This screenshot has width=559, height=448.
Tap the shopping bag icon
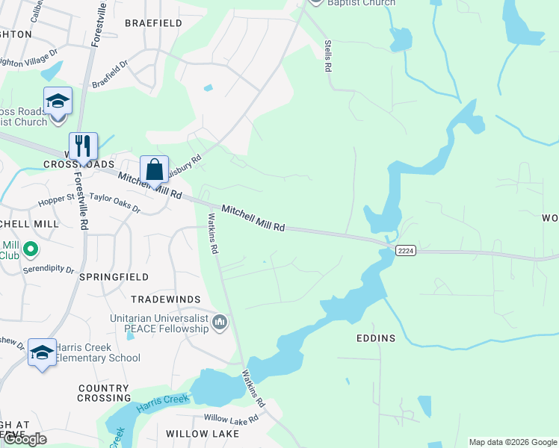coord(154,169)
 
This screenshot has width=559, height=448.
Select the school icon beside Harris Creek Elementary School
coord(42,352)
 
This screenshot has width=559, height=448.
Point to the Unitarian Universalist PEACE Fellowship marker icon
coord(220,322)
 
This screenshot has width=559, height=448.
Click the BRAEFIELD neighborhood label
coord(153,23)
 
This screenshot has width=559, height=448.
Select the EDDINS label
coord(376,338)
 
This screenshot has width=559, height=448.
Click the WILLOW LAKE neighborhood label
coord(202,433)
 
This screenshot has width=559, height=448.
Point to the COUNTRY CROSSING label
coord(103,393)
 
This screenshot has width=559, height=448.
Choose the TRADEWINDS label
coord(166,299)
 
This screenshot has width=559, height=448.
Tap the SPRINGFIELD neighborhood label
coord(114,276)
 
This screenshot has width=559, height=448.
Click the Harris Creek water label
coord(161,405)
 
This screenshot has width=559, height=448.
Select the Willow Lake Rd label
coord(231,418)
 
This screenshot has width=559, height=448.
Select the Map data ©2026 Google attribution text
coord(513,442)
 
